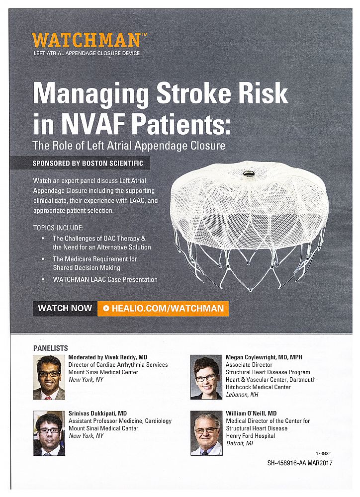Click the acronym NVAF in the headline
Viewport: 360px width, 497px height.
coord(93,124)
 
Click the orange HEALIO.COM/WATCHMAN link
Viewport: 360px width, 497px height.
coord(163,309)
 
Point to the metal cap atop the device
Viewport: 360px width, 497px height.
coord(248,173)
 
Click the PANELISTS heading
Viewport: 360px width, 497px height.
coord(50,348)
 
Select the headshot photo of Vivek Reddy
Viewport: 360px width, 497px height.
coord(49,377)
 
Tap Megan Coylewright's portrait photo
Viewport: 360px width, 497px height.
coord(206,377)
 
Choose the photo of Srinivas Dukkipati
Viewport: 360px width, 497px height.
coord(49,433)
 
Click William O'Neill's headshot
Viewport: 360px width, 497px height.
coord(206,433)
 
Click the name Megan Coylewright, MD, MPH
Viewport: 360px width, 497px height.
coord(264,357)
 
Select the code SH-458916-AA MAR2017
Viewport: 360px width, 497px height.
coord(300,463)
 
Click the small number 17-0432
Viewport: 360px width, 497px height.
coord(323,454)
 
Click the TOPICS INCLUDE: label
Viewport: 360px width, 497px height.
coord(58,228)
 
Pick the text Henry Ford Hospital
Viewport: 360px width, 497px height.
coord(250,436)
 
